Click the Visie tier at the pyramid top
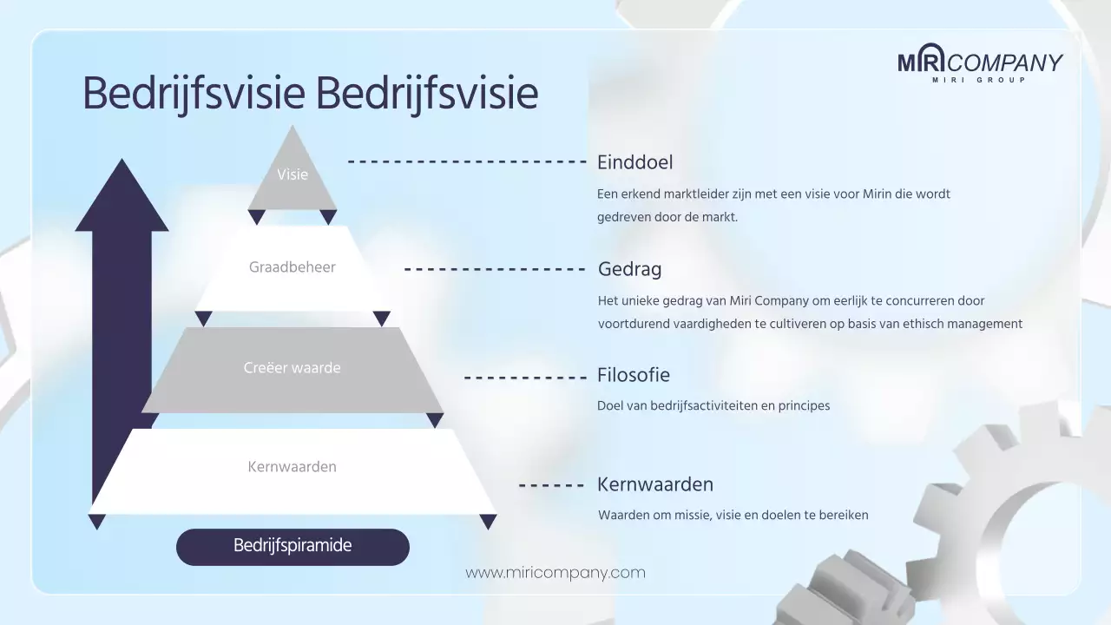click(x=293, y=174)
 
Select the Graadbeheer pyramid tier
click(x=293, y=267)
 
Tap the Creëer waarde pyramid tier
click(x=293, y=368)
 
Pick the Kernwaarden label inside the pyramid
click(x=293, y=467)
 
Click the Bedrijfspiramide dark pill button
click(x=293, y=547)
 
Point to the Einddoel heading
click(x=635, y=162)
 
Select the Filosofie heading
click(x=634, y=376)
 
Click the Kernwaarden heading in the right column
click(x=655, y=484)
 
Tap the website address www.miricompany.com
click(x=555, y=573)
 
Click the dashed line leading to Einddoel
click(x=467, y=161)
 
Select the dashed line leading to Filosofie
click(x=525, y=378)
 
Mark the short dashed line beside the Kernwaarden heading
click(x=551, y=485)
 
